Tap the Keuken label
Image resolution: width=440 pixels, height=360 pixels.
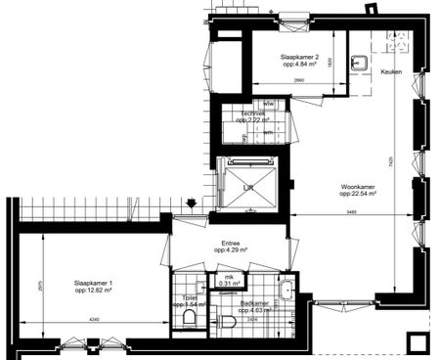(390, 71)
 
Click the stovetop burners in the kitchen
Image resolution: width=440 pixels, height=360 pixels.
(398, 41)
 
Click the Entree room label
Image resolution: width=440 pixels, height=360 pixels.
(232, 245)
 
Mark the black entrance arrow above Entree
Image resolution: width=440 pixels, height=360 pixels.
(192, 203)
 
